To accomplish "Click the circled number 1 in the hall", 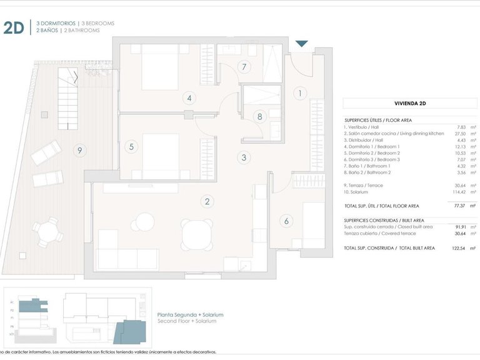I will [301, 93].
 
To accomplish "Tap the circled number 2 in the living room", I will [207, 201].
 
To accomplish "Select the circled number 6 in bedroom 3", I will [287, 220].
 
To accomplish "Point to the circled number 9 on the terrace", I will [78, 150].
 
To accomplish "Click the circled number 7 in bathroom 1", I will [244, 67].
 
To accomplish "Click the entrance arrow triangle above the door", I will [301, 44].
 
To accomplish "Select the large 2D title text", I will [14, 27].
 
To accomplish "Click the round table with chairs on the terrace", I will [48, 234].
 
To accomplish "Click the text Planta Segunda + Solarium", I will [190, 315].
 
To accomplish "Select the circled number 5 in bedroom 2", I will [131, 147].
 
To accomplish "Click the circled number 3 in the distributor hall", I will [244, 157].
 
